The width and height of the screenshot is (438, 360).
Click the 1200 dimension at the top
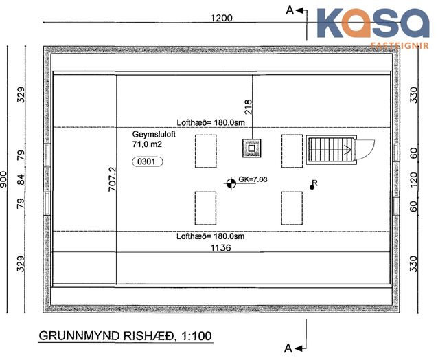coord(221,18)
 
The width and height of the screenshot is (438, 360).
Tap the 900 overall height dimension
coord(3,179)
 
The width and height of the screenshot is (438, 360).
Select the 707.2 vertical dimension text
coord(113,179)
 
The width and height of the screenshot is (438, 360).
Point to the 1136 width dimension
coord(220,247)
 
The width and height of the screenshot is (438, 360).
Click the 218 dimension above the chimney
coord(248,106)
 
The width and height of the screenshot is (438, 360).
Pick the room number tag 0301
coord(147,161)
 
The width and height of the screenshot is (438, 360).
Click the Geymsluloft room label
coord(154,134)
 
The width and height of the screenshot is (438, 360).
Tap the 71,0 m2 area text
coord(147,144)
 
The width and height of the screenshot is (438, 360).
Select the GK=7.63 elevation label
coord(253,179)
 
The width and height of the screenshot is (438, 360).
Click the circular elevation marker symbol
coord(231,183)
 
